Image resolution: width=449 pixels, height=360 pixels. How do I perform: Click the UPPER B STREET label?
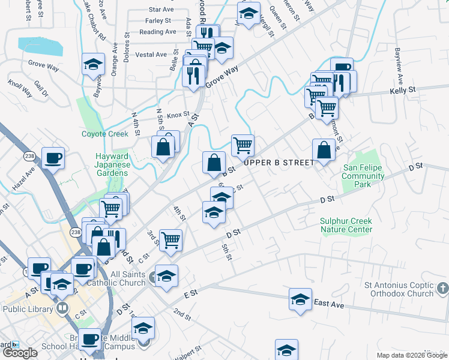point(279,163)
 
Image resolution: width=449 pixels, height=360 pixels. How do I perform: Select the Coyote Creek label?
point(105,134)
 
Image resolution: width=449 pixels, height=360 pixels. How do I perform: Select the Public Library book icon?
point(62,308)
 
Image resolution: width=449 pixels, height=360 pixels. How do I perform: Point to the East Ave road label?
point(329,305)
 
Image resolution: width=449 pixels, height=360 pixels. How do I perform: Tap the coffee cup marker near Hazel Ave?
point(53,158)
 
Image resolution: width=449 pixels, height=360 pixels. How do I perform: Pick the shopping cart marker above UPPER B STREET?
point(243,145)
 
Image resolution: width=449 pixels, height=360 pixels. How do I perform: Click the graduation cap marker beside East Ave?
point(300,299)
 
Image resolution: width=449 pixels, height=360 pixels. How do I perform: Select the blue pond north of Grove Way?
point(40,46)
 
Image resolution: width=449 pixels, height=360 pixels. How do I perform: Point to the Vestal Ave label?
point(151,55)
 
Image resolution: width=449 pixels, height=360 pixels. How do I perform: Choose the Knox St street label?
point(178,115)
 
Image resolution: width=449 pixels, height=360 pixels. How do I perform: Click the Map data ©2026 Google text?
point(412,355)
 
